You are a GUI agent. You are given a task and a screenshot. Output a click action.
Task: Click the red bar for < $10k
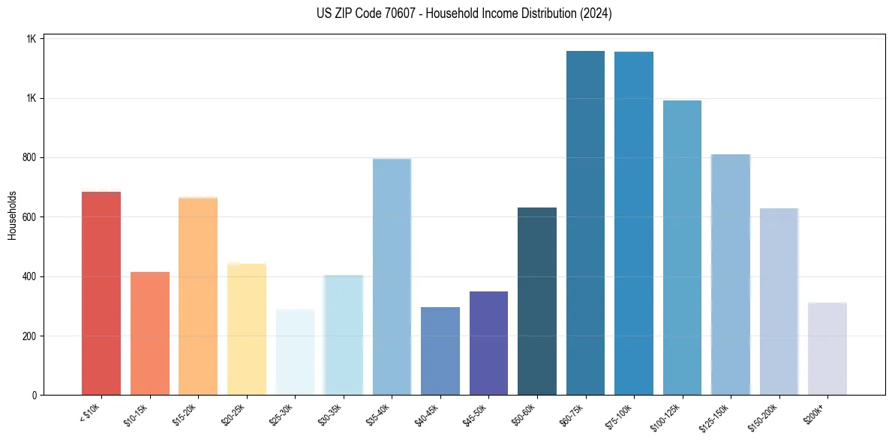pyautogui.click(x=101, y=294)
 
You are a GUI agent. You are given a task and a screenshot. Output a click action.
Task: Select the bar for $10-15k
pyautogui.click(x=150, y=333)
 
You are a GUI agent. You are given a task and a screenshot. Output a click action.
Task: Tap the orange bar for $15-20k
pyautogui.click(x=198, y=296)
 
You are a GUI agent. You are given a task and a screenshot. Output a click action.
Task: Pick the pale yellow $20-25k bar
pyautogui.click(x=247, y=330)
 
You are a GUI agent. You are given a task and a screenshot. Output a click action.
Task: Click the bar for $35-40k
pyautogui.click(x=392, y=277)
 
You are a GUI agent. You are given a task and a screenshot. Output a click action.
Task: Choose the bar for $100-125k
pyautogui.click(x=682, y=247)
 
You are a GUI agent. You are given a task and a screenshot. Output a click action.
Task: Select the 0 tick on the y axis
pyautogui.click(x=35, y=395)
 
